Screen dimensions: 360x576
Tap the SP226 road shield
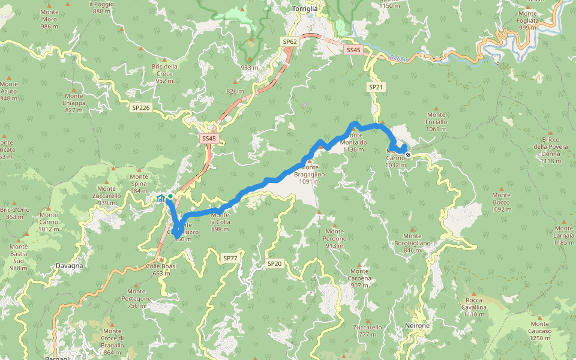click(140, 108)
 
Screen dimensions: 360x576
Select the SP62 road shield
click(290, 42)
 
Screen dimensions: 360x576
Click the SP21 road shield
click(376, 87)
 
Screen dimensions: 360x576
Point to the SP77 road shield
click(230, 258)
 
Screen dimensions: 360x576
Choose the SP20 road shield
click(274, 263)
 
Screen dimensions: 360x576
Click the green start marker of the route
click(170, 196)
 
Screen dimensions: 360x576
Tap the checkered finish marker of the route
click(408, 155)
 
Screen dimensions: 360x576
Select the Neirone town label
click(418, 325)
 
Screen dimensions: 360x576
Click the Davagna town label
click(69, 265)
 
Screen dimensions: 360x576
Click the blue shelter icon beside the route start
click(160, 199)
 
